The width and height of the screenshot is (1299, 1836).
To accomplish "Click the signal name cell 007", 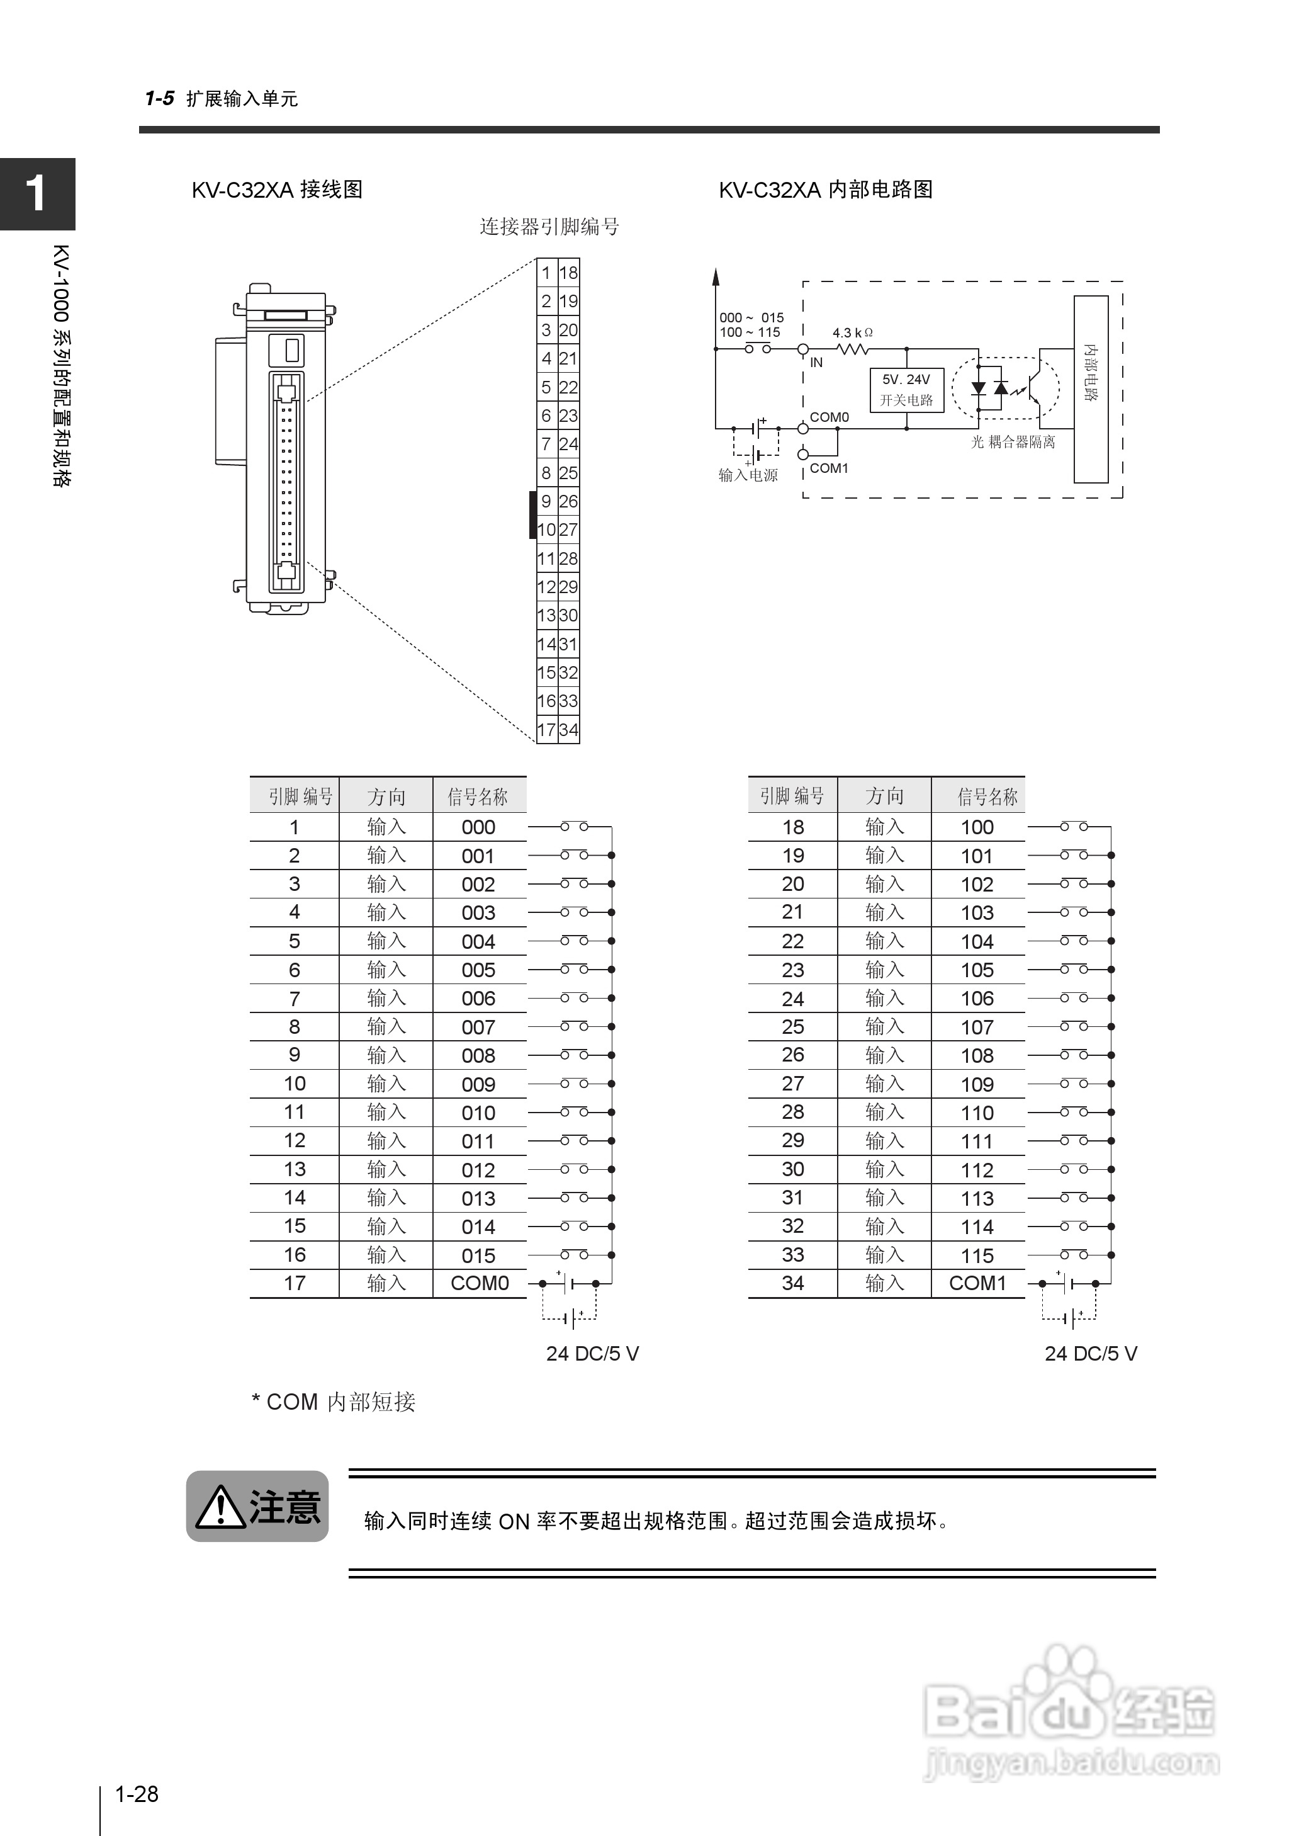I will tap(478, 1027).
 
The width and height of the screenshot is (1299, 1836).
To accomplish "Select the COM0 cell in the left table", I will tap(479, 1283).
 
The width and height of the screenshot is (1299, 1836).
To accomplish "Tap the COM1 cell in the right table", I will tap(977, 1283).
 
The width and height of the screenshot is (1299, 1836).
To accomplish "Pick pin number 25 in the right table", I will tap(792, 1026).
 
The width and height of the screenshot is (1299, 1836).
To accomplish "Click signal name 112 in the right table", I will tap(977, 1170).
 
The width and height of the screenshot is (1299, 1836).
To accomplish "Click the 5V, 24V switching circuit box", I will tap(906, 390).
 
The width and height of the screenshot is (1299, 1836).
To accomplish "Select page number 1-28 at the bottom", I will tap(137, 1794).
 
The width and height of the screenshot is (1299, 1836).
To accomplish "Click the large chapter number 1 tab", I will tap(37, 193).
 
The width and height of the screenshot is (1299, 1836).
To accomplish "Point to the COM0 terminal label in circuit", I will tap(829, 417).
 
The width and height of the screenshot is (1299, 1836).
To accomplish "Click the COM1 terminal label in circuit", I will tap(829, 468).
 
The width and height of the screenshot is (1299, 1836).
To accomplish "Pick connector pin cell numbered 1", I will tap(546, 273).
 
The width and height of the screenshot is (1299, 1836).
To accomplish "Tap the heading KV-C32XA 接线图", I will tap(277, 190).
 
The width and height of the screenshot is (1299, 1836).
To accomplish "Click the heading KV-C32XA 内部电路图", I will tap(826, 190).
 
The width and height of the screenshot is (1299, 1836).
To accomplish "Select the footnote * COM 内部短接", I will tap(334, 1402).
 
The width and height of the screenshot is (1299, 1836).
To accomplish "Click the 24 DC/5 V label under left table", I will tap(592, 1354).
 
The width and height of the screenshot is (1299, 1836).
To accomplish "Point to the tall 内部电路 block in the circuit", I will tap(1090, 389).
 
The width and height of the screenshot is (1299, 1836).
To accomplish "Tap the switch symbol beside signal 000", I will tap(575, 827).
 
